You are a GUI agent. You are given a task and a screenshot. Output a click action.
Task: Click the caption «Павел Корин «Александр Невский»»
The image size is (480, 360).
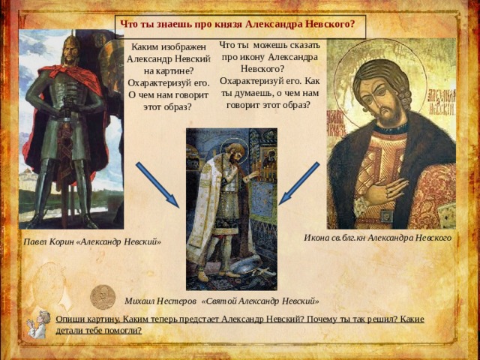point(92,241)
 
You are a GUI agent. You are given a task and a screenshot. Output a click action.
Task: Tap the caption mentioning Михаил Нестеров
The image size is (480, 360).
point(222,301)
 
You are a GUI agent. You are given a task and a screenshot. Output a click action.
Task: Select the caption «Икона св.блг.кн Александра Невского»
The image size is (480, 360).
point(377,238)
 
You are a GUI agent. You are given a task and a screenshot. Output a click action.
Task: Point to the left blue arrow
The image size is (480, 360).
point(157,185)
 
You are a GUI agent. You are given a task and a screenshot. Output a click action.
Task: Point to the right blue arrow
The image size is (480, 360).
point(299,183)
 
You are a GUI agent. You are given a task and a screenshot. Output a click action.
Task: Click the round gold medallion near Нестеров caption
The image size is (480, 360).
point(103,297)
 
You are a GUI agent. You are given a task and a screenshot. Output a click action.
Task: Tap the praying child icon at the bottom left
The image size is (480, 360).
point(37,325)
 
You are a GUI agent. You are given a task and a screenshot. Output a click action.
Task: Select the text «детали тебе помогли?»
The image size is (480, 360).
point(98,331)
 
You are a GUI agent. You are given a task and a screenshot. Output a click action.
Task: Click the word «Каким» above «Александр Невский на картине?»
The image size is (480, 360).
point(144,47)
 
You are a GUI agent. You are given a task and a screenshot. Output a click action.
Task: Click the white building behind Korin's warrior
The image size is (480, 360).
point(27,181)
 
